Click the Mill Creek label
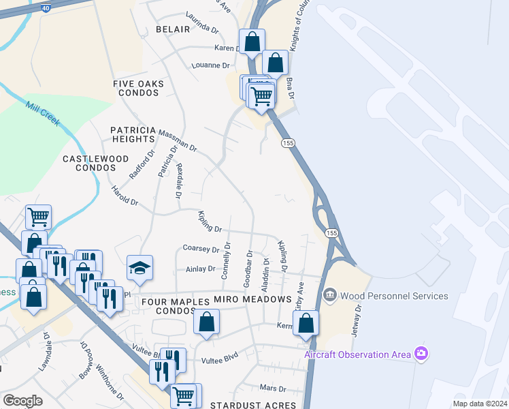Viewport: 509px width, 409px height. pos(43,115)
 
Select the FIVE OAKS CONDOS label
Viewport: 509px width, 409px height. pos(139,88)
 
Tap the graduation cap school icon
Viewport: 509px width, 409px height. pos(139,268)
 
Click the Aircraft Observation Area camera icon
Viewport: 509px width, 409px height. pos(422,353)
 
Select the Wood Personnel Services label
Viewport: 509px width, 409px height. pos(394,296)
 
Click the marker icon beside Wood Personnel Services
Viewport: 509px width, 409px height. pos(330,295)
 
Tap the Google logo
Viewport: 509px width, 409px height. pos(22,401)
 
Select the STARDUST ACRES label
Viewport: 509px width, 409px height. pos(253,406)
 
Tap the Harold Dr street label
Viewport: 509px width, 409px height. pos(125,198)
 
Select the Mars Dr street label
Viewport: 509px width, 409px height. pos(273,389)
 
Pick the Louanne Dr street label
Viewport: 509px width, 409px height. pos(212,65)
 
